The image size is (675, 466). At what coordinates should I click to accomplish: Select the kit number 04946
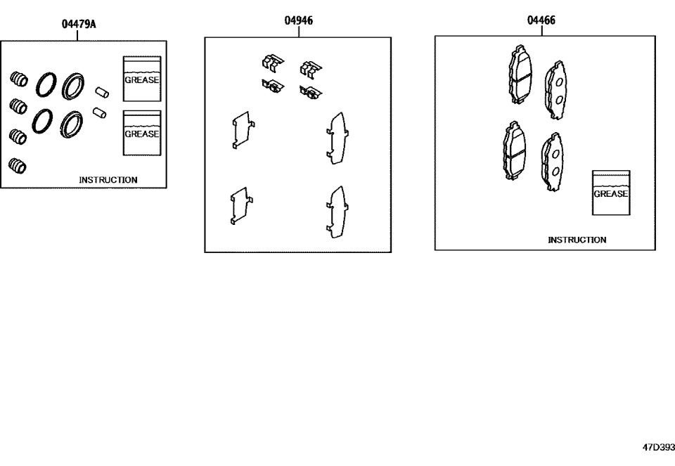[298, 21]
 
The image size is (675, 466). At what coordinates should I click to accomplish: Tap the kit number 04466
[541, 20]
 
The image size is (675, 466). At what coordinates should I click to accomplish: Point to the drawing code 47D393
[657, 447]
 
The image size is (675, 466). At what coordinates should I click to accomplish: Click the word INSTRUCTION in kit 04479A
[108, 180]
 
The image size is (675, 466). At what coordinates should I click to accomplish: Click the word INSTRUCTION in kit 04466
[577, 240]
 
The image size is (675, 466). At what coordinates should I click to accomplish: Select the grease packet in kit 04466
[611, 193]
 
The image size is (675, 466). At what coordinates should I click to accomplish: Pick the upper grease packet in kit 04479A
[142, 79]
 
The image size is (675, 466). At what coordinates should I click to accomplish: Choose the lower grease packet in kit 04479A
[142, 133]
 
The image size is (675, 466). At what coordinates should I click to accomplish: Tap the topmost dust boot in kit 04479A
[19, 79]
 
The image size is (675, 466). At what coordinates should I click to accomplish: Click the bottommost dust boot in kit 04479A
[18, 167]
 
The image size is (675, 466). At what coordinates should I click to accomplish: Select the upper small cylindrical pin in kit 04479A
[101, 91]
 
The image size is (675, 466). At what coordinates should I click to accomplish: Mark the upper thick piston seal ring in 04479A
[72, 87]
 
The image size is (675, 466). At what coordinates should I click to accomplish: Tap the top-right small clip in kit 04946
[310, 68]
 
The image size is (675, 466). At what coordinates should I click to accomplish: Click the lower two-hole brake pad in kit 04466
[551, 162]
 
